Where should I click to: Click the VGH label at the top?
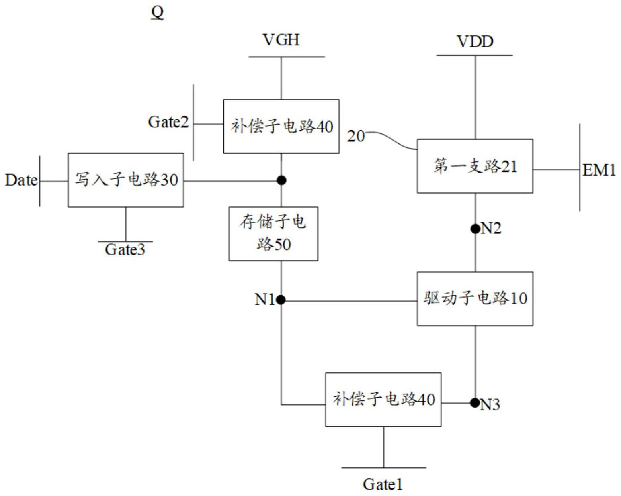click(x=281, y=40)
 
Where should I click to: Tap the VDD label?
click(x=475, y=41)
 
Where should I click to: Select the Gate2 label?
click(x=168, y=122)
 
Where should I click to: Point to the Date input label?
click(x=21, y=180)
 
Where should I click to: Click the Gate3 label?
click(x=125, y=250)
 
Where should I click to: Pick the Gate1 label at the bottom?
click(x=382, y=484)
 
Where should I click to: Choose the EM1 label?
click(x=599, y=170)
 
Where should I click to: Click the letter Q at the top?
click(x=157, y=12)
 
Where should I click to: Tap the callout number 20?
click(x=356, y=136)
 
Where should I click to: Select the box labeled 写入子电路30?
click(x=126, y=180)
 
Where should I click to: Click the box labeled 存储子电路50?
click(x=273, y=233)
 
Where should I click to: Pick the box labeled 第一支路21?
click(x=475, y=166)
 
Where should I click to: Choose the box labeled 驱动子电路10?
click(x=475, y=298)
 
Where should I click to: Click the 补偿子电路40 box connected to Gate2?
click(x=281, y=127)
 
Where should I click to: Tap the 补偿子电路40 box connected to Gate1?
click(x=383, y=399)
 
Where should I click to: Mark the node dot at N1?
click(x=281, y=300)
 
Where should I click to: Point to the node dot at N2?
click(x=475, y=229)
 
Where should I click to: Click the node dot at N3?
click(x=475, y=402)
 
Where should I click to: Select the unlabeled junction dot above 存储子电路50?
click(x=281, y=180)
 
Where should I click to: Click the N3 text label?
click(x=490, y=405)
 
